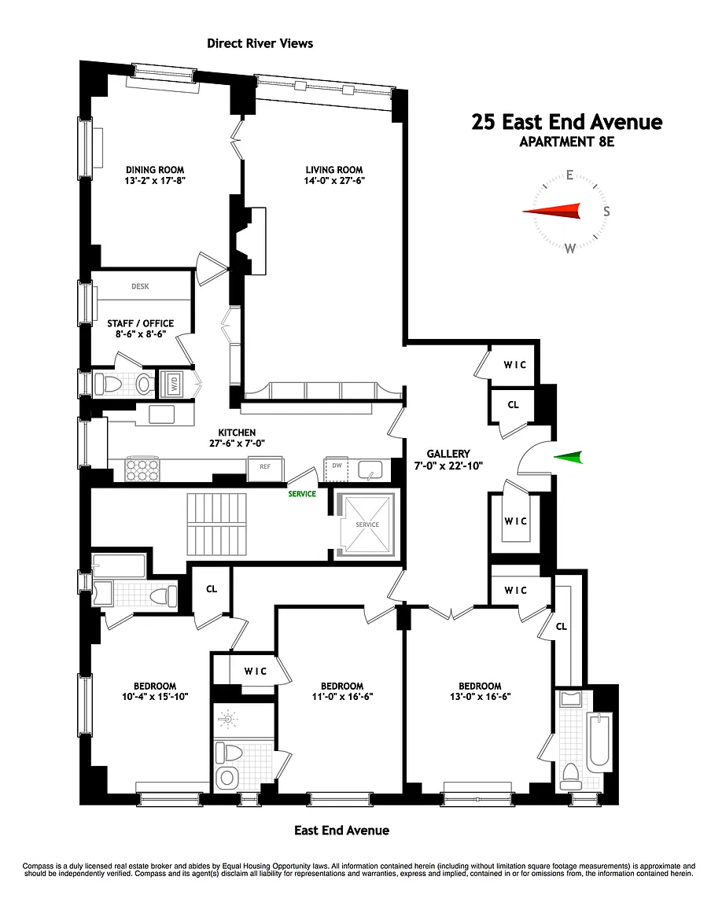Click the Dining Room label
coord(155,170)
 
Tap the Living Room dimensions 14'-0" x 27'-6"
coord(334,180)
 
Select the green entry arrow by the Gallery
coord(568,458)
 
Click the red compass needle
coord(551,212)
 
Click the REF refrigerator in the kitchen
coord(265,467)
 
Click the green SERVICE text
coord(302,494)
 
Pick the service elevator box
coord(367,525)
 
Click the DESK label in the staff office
coord(140,286)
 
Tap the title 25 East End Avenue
coord(567,122)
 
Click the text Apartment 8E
coord(567,142)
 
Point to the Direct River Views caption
coord(260,43)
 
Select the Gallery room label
coord(448,454)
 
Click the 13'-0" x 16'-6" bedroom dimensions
coord(480,697)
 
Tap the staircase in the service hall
coord(217,525)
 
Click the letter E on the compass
coord(570,175)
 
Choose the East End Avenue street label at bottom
coord(341,830)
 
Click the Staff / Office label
coord(141,323)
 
